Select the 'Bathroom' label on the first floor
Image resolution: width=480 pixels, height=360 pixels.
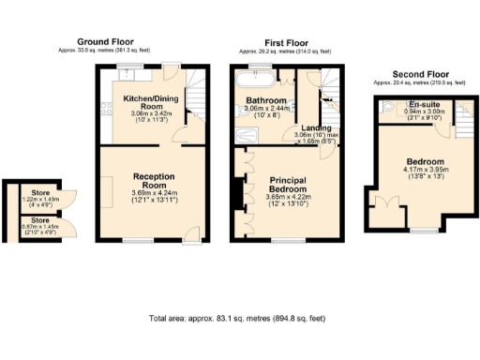[265, 98]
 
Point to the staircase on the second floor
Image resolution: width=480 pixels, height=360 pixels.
[459, 111]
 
